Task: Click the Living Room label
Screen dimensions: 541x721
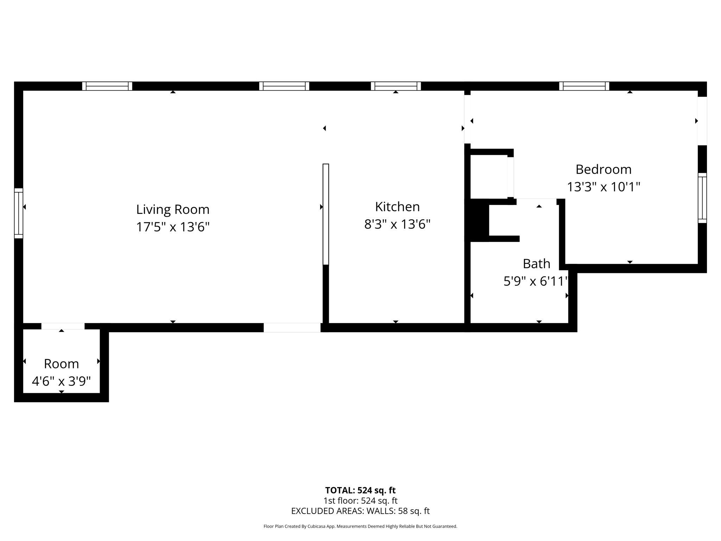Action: click(173, 210)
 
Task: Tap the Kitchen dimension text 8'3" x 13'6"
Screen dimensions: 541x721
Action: click(397, 224)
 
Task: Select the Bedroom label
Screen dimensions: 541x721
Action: click(603, 169)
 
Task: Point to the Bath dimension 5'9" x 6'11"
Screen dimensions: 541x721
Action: click(536, 281)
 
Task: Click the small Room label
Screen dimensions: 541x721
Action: click(61, 364)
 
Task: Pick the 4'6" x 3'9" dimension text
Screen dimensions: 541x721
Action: click(61, 381)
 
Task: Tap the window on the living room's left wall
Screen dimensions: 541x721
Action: click(19, 213)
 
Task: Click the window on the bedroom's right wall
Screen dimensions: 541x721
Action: click(702, 198)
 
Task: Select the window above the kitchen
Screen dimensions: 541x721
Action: click(396, 86)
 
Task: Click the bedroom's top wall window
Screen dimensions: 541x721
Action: click(584, 86)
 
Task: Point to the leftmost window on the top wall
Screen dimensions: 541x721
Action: click(107, 86)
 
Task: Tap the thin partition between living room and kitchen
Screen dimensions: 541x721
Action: click(326, 214)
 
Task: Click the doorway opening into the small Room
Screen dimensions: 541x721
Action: click(63, 326)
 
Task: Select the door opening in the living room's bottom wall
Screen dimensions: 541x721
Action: click(292, 328)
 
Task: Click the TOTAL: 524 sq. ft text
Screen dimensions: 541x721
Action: click(360, 490)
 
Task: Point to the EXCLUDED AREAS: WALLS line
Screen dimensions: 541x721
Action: click(360, 511)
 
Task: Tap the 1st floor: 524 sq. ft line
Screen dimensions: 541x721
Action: click(360, 500)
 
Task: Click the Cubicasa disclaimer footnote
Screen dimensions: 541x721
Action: click(360, 527)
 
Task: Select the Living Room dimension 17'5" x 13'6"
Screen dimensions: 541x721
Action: click(173, 227)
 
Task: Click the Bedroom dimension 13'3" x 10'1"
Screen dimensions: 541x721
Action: click(603, 187)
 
